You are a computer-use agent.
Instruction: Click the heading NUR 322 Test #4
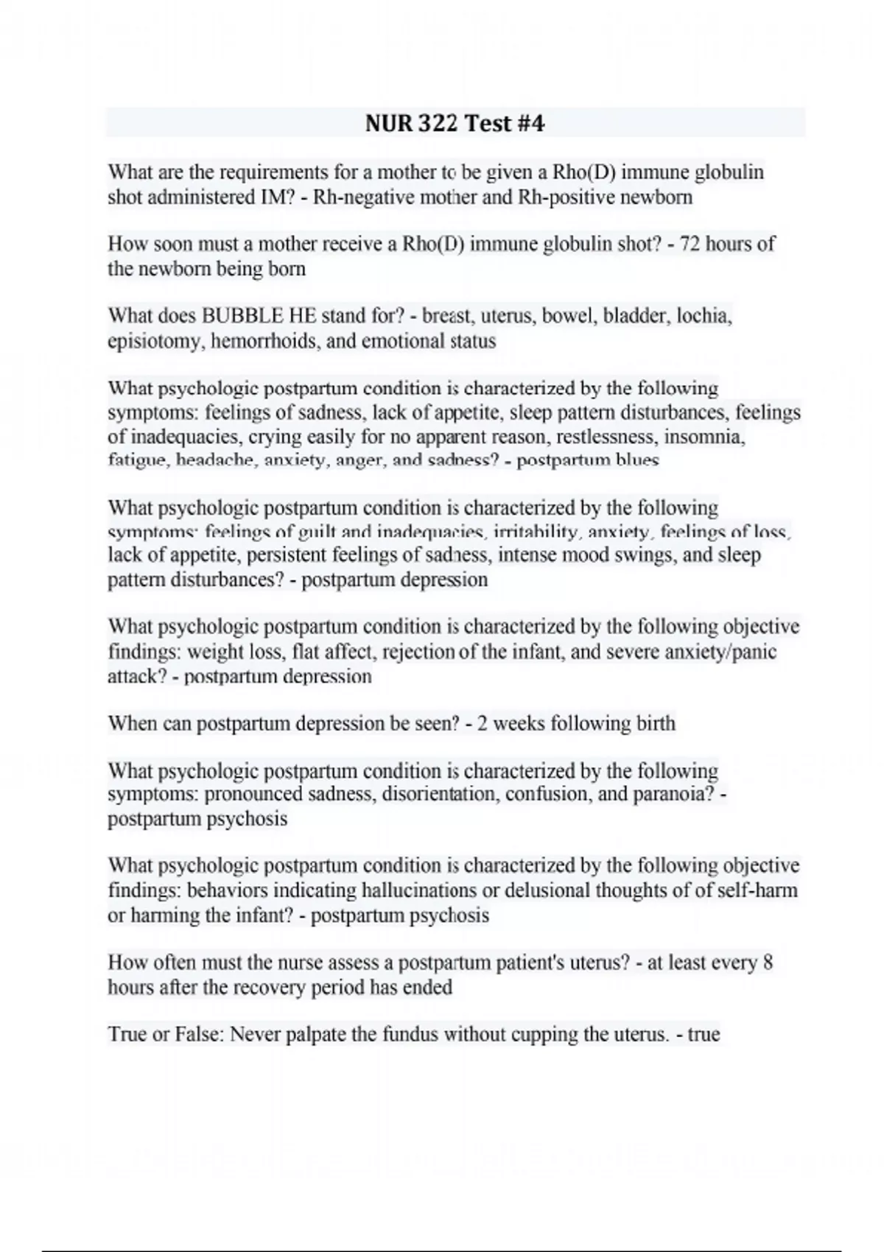click(455, 123)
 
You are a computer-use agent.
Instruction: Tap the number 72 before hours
click(690, 244)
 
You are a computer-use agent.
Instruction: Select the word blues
click(640, 461)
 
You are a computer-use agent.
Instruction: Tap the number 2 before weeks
click(483, 723)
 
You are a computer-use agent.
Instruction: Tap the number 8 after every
click(768, 963)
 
